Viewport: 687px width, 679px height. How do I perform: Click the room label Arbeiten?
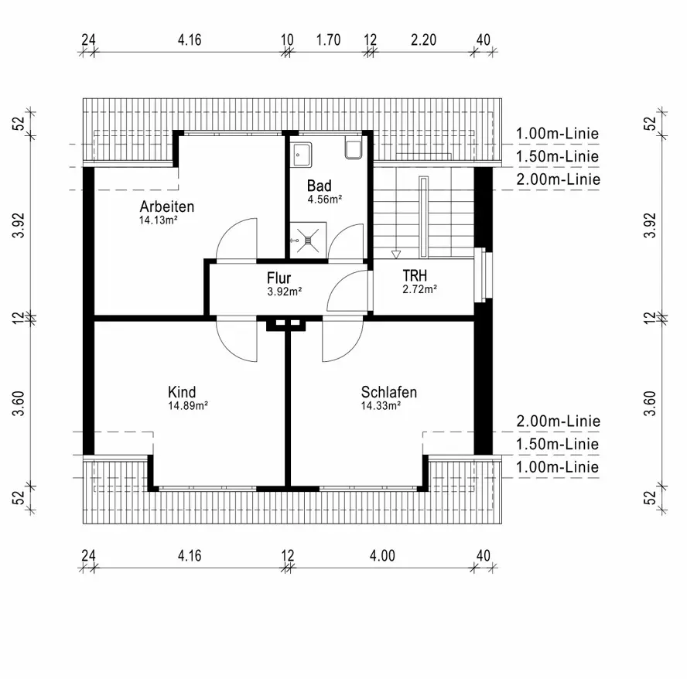[166, 206]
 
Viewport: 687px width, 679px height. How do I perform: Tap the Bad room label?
[319, 186]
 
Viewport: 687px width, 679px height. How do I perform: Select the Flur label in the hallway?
[279, 278]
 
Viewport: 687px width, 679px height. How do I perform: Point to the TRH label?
[415, 275]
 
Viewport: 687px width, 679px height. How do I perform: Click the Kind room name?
[182, 392]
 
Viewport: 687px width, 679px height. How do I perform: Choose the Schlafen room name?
[388, 392]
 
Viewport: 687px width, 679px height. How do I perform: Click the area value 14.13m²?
[159, 220]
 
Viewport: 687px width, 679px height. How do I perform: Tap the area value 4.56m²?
[324, 199]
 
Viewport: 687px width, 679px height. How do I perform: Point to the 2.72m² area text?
[419, 289]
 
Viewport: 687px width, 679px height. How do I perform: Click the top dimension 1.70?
[329, 40]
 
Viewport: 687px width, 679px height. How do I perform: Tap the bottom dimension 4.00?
[382, 554]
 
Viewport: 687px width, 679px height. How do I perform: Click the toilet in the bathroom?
[353, 150]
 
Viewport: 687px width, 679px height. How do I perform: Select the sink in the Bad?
[301, 153]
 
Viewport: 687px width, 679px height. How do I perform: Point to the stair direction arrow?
[396, 254]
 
